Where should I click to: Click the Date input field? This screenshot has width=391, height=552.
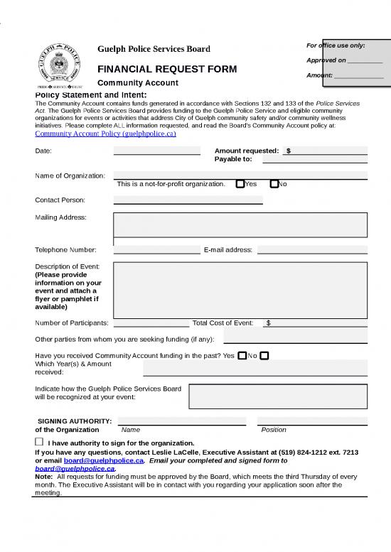click(x=156, y=151)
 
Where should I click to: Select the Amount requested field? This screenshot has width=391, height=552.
click(x=327, y=151)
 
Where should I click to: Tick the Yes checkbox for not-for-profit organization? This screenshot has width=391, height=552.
click(x=240, y=184)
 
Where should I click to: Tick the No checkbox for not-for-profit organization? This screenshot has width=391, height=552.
click(x=274, y=184)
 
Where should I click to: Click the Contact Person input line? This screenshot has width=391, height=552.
click(x=188, y=200)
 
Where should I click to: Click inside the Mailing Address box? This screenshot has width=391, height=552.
click(x=240, y=224)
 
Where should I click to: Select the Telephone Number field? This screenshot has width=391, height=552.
click(x=156, y=249)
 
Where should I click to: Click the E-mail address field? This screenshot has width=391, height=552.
click(x=312, y=249)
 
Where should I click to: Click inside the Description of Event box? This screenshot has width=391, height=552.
click(x=240, y=287)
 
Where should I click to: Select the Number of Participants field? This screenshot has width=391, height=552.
click(x=151, y=323)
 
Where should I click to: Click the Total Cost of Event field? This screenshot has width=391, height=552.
click(x=316, y=323)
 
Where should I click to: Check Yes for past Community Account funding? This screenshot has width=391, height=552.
click(x=242, y=355)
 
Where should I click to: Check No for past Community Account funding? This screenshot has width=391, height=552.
click(x=264, y=355)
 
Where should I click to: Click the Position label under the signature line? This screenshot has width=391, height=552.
click(x=274, y=430)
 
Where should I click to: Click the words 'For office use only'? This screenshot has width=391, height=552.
click(x=336, y=45)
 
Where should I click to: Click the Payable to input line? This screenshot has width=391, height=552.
click(x=315, y=160)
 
